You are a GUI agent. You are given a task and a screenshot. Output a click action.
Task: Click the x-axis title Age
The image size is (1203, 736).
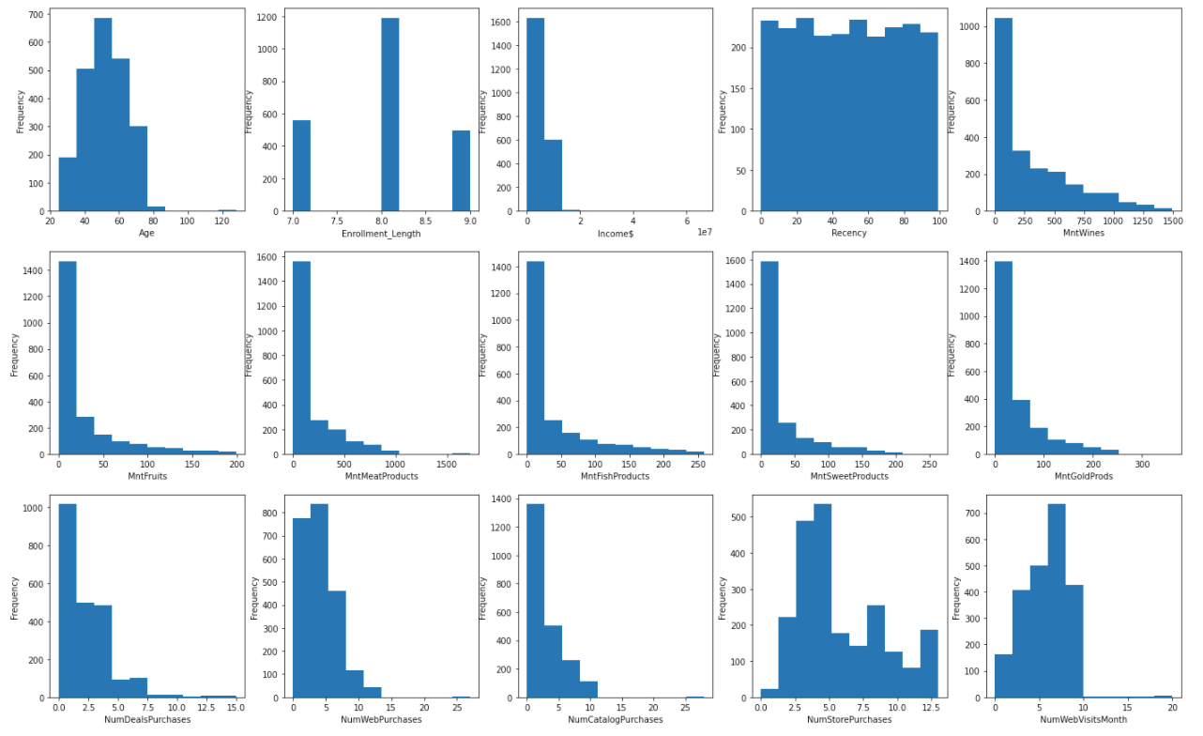[147, 233]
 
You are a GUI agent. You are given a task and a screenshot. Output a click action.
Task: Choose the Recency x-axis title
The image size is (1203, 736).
[848, 233]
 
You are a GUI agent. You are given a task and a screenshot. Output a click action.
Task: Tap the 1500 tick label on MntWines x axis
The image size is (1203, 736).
[1171, 221]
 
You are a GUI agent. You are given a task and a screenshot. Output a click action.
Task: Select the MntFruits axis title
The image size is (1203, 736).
[147, 476]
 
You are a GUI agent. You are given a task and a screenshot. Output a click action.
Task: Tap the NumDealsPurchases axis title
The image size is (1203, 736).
[147, 719]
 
